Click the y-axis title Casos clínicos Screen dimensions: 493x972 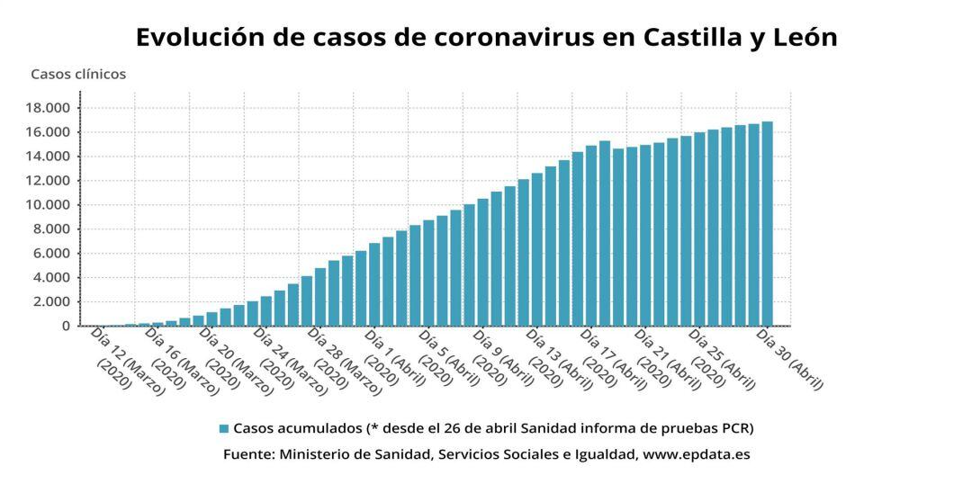78,74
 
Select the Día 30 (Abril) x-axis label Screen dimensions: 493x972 789,360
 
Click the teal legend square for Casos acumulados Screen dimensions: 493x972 223,428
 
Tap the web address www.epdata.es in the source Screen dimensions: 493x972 697,454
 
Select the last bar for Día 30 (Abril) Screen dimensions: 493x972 767,224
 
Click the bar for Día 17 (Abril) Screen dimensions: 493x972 605,234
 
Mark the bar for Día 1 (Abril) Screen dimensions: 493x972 374,284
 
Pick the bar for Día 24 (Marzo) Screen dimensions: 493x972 266,311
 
